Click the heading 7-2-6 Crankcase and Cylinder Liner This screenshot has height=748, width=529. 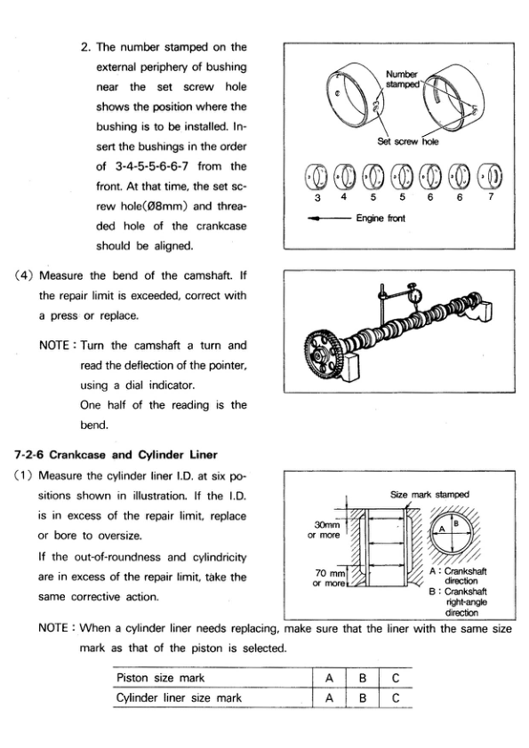(x=116, y=455)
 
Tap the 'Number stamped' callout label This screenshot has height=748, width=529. (x=402, y=79)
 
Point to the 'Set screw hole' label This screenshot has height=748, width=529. (x=407, y=141)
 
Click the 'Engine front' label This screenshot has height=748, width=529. (x=381, y=218)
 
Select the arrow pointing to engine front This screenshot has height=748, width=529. (x=330, y=219)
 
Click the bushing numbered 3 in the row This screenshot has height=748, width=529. (x=316, y=177)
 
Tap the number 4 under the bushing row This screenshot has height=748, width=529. (x=344, y=197)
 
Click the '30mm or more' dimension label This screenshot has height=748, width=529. (x=325, y=529)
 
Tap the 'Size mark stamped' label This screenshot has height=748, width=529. (x=429, y=495)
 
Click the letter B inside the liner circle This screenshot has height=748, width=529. (x=456, y=523)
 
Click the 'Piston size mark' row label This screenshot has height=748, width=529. (x=160, y=678)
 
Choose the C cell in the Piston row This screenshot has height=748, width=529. (x=396, y=678)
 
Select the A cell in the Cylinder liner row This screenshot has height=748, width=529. (x=329, y=698)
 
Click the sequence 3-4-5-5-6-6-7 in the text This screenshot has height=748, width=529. (x=152, y=166)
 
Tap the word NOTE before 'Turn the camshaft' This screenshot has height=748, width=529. (x=54, y=346)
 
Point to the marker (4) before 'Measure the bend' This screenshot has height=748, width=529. (x=24, y=275)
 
